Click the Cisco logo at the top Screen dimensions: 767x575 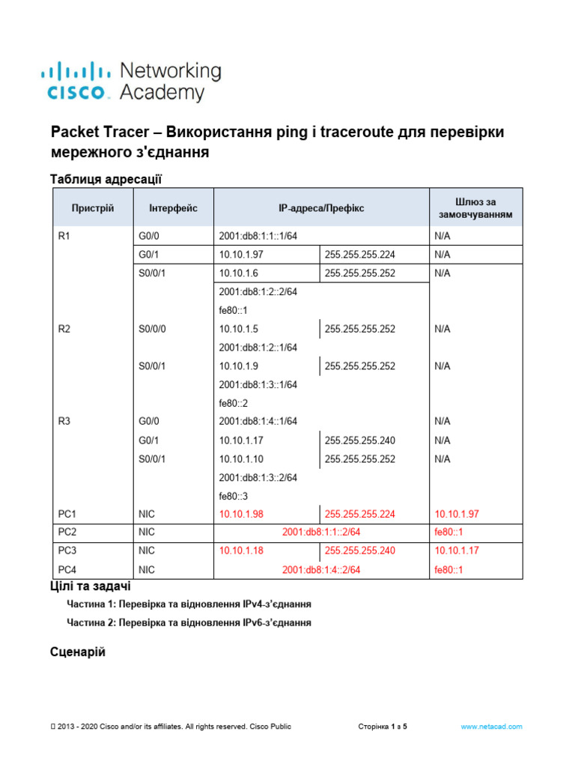tap(131, 82)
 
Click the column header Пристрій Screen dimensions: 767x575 tap(93, 207)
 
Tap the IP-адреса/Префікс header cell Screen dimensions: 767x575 tap(321, 207)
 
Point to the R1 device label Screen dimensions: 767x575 tap(64, 236)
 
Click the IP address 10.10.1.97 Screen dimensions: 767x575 tap(239, 255)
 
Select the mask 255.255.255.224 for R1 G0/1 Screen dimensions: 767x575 tap(360, 255)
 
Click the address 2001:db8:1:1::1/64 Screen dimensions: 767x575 tap(258, 236)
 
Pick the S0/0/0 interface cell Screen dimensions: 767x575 tap(153, 329)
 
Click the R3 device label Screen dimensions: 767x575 tap(64, 422)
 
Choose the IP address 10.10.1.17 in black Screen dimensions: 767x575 tap(241, 440)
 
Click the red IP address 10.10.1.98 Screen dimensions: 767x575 tap(241, 515)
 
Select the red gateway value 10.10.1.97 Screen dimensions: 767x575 tap(457, 515)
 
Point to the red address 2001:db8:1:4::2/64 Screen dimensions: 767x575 tap(321, 570)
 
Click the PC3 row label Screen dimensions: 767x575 tap(67, 551)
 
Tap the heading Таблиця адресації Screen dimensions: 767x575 tap(106, 179)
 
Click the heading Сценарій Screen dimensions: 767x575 tap(78, 652)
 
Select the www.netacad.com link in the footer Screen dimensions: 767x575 tap(491, 727)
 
